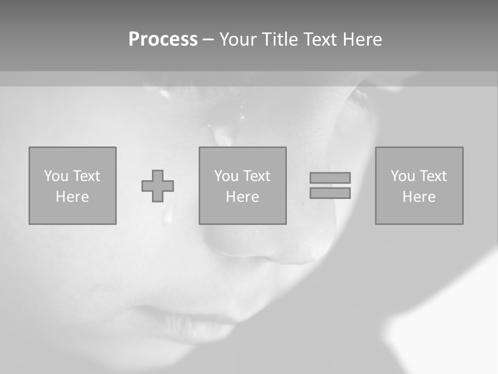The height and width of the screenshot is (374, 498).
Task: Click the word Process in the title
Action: (x=163, y=39)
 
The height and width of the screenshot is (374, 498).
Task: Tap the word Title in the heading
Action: (x=280, y=39)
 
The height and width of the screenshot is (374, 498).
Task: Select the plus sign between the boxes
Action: (x=158, y=186)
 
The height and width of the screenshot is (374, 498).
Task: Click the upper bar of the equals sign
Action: (x=330, y=178)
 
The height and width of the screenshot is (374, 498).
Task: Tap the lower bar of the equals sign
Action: (x=330, y=193)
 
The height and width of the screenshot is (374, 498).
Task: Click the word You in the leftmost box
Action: (x=56, y=176)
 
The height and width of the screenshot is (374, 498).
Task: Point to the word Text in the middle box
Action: (x=257, y=176)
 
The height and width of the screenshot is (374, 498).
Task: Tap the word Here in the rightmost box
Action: (x=419, y=197)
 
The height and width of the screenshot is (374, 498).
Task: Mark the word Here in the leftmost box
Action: (x=72, y=197)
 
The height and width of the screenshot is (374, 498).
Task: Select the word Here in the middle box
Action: (x=242, y=197)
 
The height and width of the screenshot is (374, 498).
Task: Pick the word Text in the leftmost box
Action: (x=87, y=176)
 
